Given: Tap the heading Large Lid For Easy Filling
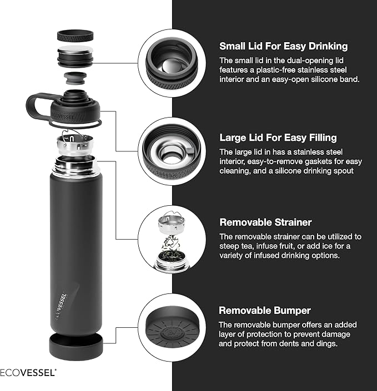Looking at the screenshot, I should pos(278,138).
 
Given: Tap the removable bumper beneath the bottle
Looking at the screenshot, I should pos(77,345).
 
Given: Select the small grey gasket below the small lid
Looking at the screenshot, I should pos(76,76).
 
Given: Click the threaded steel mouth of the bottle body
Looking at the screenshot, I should pos(77,165).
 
